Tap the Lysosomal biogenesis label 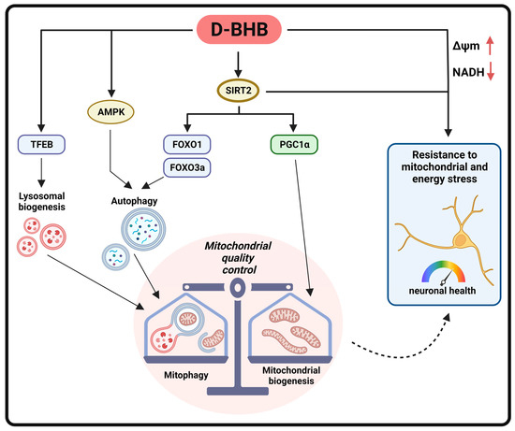(x=41, y=205)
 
